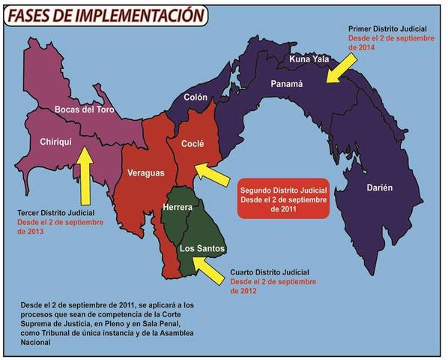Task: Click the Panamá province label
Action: click(286, 84)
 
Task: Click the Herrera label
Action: click(178, 207)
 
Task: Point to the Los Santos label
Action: click(202, 248)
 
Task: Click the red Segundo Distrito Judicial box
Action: click(284, 197)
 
